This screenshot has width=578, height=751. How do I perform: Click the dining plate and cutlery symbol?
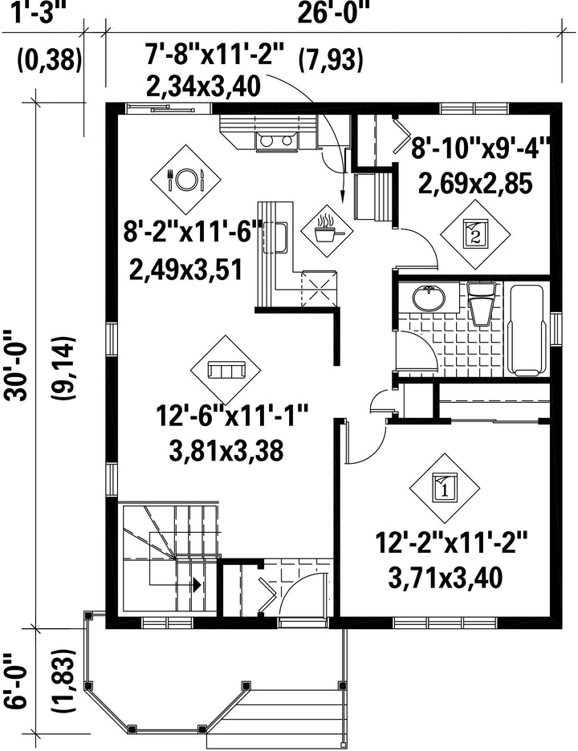click(185, 180)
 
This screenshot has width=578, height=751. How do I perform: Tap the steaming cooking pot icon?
click(327, 229)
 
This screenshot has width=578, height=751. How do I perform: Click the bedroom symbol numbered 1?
click(444, 488)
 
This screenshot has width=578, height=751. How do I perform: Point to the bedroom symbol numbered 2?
click(475, 233)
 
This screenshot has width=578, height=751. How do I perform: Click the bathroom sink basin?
click(429, 298)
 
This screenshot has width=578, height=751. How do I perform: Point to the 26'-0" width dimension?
click(334, 13)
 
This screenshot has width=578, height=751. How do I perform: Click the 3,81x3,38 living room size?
click(226, 450)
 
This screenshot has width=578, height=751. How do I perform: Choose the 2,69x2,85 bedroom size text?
click(476, 183)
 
